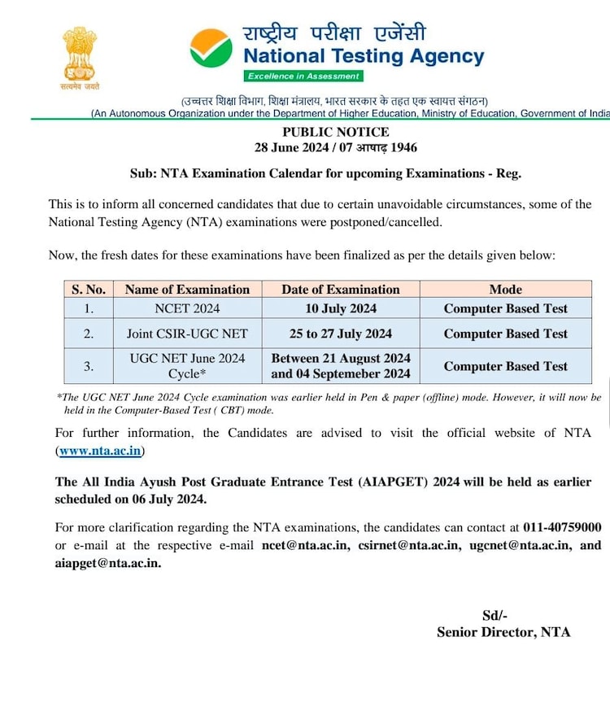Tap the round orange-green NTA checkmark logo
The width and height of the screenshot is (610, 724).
tap(211, 48)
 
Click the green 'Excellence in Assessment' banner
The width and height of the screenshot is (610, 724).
tap(303, 76)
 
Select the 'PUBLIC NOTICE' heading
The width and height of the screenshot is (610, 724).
tap(336, 132)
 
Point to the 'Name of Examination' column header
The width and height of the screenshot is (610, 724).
tap(187, 290)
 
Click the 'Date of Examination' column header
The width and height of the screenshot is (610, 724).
tap(341, 290)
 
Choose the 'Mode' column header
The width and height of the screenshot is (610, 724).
tap(505, 290)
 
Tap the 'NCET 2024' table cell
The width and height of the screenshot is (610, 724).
tap(187, 308)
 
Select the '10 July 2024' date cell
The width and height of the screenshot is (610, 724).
tap(341, 308)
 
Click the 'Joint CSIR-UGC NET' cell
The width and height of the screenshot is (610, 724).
tap(187, 334)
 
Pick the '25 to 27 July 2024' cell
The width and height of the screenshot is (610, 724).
tap(341, 334)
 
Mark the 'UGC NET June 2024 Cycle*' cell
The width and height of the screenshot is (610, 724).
tap(187, 366)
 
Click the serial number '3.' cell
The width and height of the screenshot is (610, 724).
tap(89, 366)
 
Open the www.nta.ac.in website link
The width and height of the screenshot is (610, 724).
tap(101, 451)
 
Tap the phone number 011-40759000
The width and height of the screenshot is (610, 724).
tap(560, 527)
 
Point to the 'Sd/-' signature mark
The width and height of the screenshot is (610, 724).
tap(495, 615)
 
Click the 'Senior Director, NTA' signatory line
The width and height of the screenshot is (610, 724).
tap(503, 632)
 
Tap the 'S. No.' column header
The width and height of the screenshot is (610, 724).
tap(89, 290)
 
